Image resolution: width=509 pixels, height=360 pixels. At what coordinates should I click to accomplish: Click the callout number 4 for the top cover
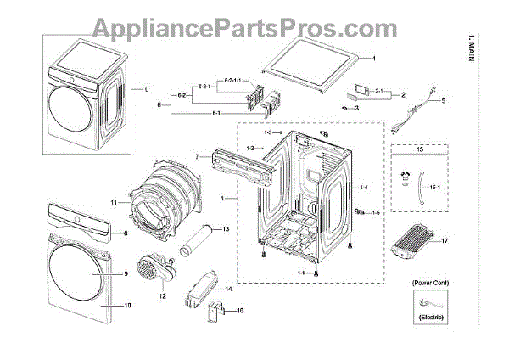tap(372, 59)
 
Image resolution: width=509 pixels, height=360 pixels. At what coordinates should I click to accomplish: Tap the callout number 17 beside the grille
tap(467, 240)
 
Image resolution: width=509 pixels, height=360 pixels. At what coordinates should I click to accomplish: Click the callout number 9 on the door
tap(124, 274)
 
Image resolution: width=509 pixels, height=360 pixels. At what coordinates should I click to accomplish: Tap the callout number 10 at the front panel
tap(126, 305)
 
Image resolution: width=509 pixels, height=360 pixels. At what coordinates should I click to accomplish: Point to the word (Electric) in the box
tap(429, 316)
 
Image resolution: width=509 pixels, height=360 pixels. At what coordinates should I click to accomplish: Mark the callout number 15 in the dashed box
tap(418, 149)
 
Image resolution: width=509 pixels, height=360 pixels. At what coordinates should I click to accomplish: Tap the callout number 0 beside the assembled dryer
tap(146, 88)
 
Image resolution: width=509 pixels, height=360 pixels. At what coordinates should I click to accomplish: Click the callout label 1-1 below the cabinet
tap(301, 272)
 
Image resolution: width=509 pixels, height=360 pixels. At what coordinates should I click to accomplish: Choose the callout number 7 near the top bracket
tap(196, 157)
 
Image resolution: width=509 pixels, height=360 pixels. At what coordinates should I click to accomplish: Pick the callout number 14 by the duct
tap(228, 290)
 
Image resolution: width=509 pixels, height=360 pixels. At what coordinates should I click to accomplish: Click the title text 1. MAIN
tap(495, 51)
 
